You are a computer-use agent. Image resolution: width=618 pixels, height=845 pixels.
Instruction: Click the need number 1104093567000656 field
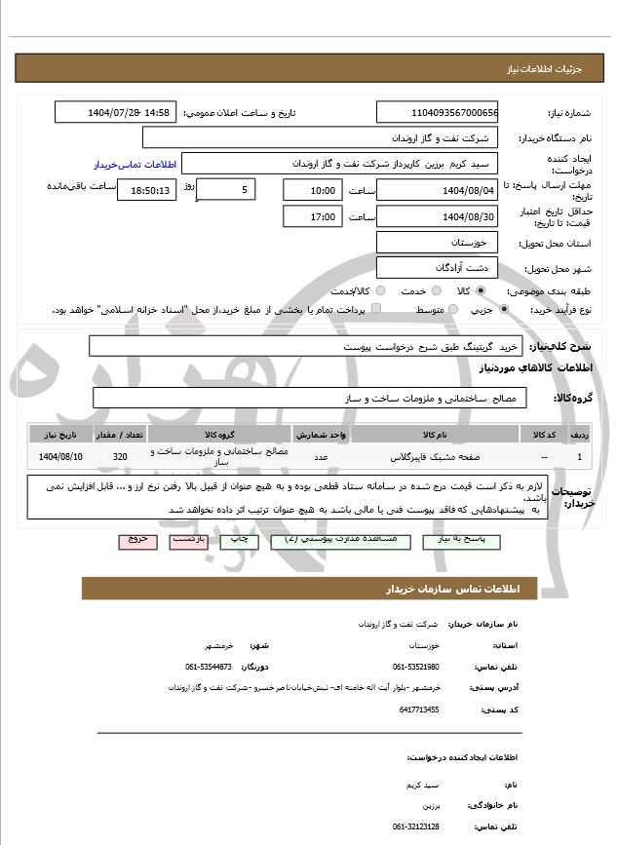click(438, 113)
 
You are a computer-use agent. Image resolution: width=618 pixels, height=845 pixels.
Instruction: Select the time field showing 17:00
click(312, 216)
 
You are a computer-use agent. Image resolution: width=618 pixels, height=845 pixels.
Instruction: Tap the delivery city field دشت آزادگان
click(438, 267)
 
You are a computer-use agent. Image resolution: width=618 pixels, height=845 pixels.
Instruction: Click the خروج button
click(137, 539)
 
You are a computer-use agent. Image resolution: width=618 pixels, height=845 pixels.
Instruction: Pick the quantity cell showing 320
click(120, 456)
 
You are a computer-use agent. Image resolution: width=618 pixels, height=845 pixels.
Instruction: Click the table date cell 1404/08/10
click(61, 456)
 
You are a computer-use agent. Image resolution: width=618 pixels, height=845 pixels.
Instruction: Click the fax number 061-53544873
click(209, 667)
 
